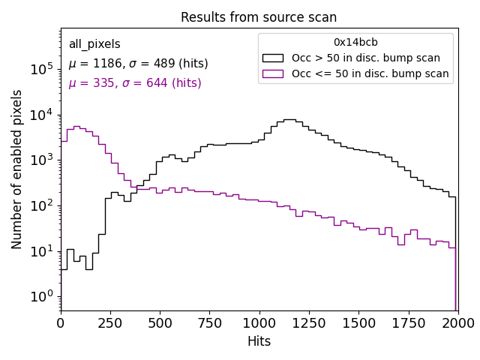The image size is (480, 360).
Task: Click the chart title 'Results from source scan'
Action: click(x=259, y=17)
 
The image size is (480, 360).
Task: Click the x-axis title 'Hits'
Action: click(x=259, y=341)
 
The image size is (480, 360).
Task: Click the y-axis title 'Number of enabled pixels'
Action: click(x=17, y=169)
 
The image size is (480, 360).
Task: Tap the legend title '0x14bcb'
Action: click(x=355, y=43)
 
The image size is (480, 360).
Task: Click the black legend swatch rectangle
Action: click(x=273, y=58)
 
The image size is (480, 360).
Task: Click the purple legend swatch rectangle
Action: click(x=273, y=73)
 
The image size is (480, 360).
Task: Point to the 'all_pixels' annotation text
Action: click(x=94, y=44)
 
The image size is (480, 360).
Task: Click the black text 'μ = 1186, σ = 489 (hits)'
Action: click(x=138, y=64)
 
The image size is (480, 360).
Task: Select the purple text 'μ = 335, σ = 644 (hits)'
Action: click(x=135, y=83)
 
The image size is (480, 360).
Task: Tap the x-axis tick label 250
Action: click(x=110, y=322)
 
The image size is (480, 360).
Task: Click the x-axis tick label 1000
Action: click(x=259, y=322)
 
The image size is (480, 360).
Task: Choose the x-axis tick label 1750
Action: click(x=408, y=322)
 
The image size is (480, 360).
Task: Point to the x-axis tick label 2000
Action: click(x=457, y=322)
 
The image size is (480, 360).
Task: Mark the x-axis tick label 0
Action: click(x=61, y=322)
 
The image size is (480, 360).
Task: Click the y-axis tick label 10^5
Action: click(x=42, y=69)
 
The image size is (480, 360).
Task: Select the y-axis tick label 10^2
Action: click(x=42, y=205)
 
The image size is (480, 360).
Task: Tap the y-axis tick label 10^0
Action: click(x=42, y=296)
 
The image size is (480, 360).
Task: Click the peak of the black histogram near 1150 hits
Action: click(x=289, y=119)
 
